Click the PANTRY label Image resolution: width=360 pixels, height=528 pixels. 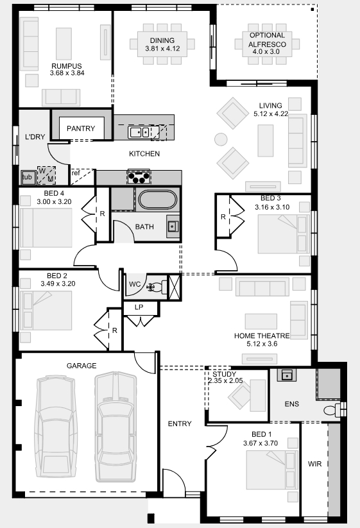[x=81, y=128]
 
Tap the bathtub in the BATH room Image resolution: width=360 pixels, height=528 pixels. [x=158, y=200]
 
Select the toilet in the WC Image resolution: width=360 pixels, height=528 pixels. [x=157, y=287]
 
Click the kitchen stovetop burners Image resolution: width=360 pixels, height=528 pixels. [x=139, y=177]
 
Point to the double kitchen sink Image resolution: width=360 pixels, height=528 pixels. [x=139, y=132]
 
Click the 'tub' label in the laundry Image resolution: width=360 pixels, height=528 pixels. [x=27, y=177]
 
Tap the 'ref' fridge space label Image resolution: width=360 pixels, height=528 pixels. [x=76, y=173]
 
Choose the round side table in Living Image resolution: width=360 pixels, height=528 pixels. [x=221, y=139]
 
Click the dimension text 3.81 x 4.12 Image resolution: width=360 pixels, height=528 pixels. [x=162, y=49]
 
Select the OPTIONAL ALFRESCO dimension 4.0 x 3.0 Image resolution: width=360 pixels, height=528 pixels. [x=266, y=52]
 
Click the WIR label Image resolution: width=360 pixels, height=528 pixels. [x=314, y=464]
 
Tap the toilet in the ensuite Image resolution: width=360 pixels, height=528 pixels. [x=332, y=410]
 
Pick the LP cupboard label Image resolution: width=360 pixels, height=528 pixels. [x=139, y=307]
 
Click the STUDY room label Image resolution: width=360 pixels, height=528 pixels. [x=225, y=374]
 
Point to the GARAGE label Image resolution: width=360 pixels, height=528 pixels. [x=81, y=366]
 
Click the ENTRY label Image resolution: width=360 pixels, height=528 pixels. [x=180, y=423]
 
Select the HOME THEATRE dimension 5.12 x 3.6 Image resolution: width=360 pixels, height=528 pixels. [x=262, y=344]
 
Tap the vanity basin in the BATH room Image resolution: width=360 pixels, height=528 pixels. [x=173, y=226]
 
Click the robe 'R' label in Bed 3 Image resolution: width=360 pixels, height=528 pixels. [x=223, y=217]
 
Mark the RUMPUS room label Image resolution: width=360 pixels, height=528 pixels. [x=67, y=66]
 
